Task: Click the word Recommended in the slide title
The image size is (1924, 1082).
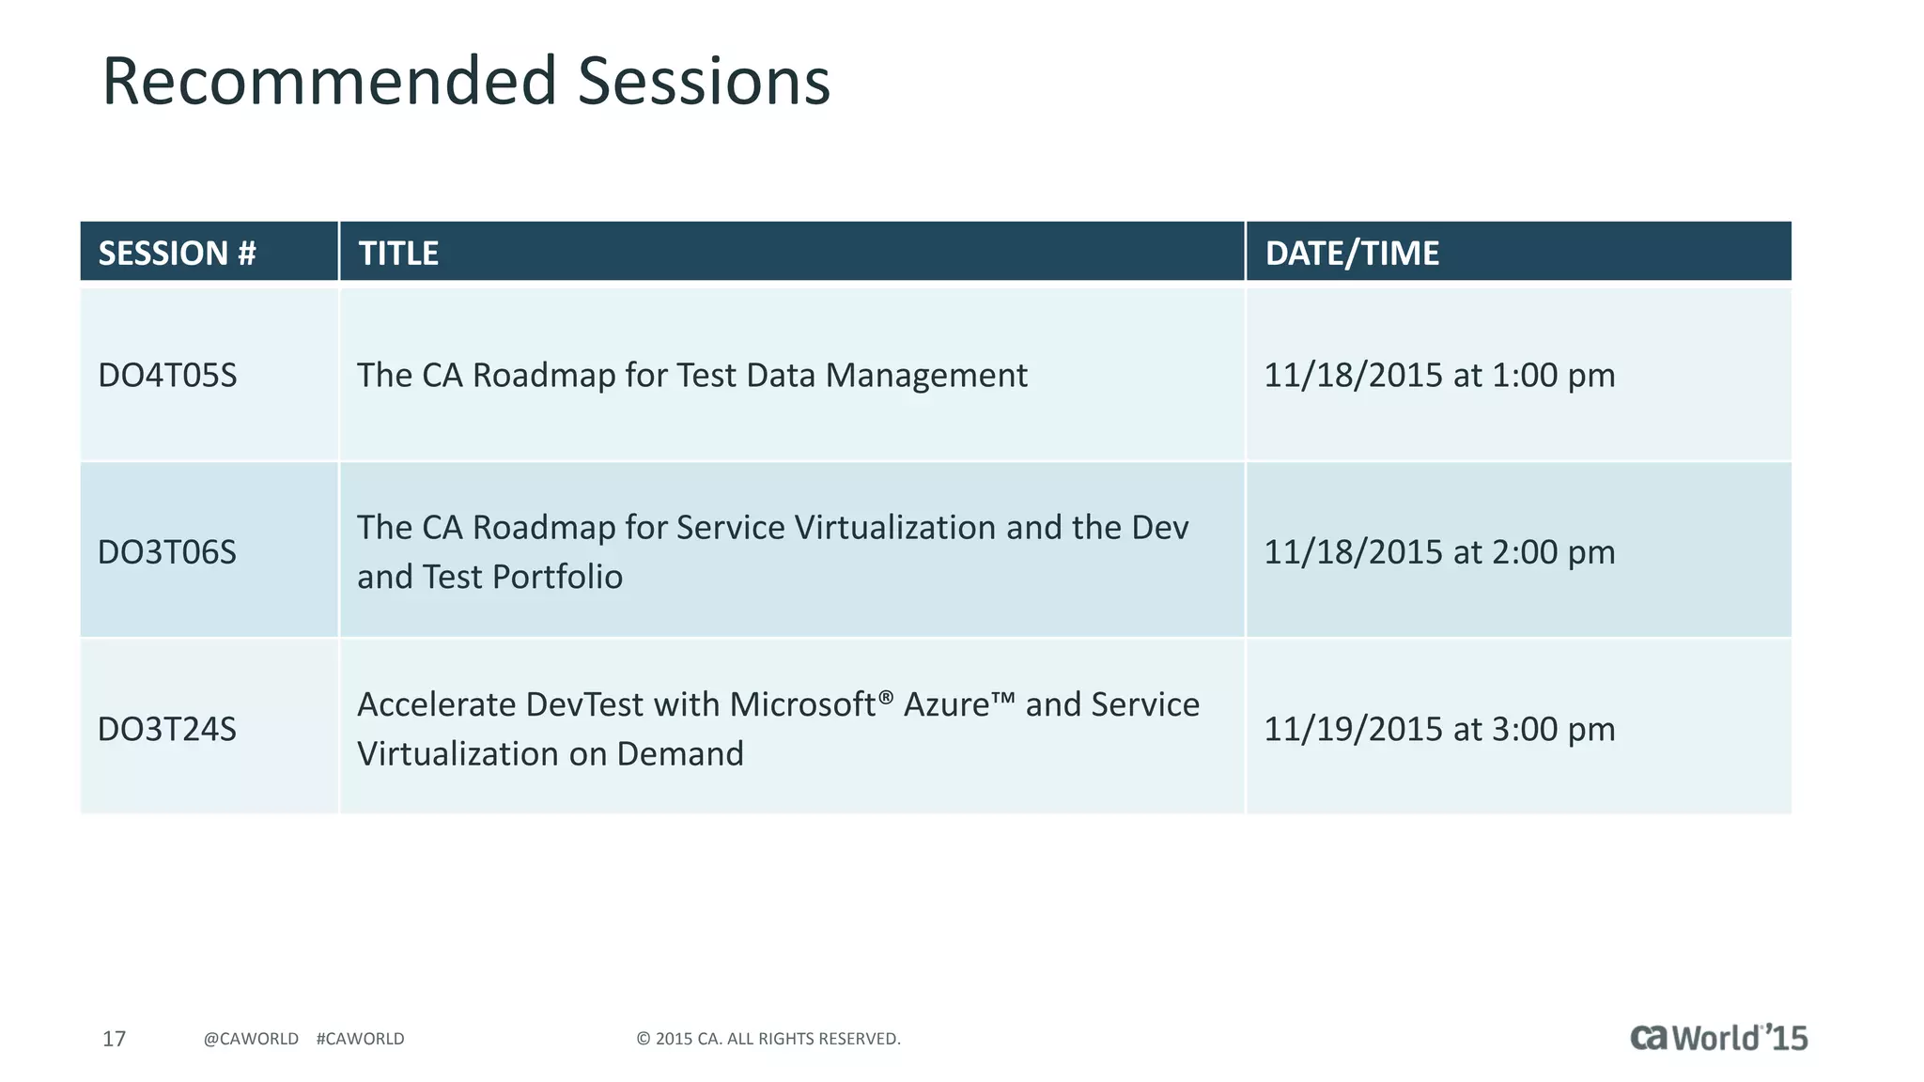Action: tap(329, 81)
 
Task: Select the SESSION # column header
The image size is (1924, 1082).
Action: tap(177, 253)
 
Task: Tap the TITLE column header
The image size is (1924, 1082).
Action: tap(398, 253)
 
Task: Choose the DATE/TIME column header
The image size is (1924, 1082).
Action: tap(1351, 253)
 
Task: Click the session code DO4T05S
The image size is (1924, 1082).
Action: tap(167, 376)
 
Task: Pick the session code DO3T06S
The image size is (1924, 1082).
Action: tap(167, 552)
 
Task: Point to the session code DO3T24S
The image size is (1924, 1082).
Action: tap(167, 729)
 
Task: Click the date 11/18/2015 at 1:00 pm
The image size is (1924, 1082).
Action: tap(1438, 376)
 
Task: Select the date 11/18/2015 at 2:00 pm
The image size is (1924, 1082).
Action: tap(1438, 552)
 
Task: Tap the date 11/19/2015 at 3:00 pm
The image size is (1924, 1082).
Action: tap(1438, 729)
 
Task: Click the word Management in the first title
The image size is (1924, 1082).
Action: tap(926, 376)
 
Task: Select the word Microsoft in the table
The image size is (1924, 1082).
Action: tap(802, 704)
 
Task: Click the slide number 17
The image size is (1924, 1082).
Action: tap(114, 1039)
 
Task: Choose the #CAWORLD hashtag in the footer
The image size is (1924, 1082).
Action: tap(360, 1039)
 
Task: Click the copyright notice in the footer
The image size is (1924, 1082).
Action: tap(768, 1039)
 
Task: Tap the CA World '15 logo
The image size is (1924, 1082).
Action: tap(1717, 1038)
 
